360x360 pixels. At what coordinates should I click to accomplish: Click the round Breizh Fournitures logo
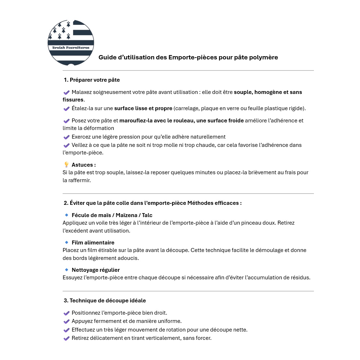[x=71, y=42]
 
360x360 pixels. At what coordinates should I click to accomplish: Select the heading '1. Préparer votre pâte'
[x=92, y=80]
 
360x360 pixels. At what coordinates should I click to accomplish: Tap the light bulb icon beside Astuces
[x=66, y=165]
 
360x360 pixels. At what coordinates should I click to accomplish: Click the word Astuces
[x=84, y=165]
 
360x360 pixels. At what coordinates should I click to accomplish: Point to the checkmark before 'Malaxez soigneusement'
[x=66, y=93]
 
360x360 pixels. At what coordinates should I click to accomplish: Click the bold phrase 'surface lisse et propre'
[x=143, y=108]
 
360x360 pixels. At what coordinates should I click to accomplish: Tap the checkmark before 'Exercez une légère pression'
[x=66, y=137]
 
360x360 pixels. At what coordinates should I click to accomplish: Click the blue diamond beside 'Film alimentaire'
[x=67, y=242]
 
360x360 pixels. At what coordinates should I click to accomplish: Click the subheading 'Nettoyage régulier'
[x=95, y=270]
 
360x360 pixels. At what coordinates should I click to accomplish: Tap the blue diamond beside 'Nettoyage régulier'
[x=67, y=269]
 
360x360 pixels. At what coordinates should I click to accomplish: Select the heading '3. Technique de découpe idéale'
[x=105, y=300]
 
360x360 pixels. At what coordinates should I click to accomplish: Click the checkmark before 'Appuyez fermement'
[x=66, y=321]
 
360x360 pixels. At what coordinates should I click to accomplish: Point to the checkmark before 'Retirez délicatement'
[x=66, y=338]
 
